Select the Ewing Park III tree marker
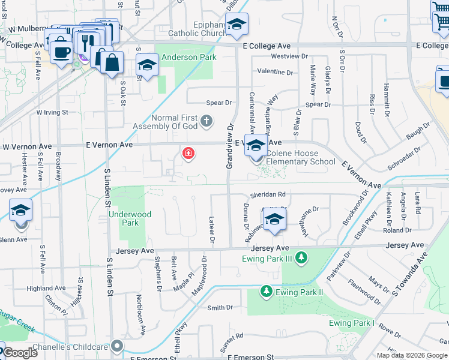click(301, 259)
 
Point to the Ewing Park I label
click(352, 323)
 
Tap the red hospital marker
click(188, 154)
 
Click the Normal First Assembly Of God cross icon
click(206, 122)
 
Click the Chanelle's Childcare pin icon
click(117, 346)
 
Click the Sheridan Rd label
click(268, 194)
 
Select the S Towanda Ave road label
click(410, 274)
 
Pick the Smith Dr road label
click(220, 308)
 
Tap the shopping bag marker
click(112, 62)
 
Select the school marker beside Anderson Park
click(146, 67)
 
